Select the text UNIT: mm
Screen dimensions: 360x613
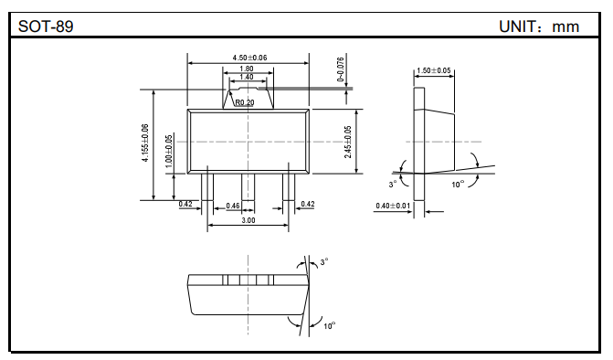tap(539, 26)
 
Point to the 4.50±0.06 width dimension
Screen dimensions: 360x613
tap(249, 58)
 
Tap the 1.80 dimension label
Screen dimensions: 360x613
tap(247, 69)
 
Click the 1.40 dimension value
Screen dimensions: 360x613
tap(247, 79)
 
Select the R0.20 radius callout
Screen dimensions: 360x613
tap(245, 102)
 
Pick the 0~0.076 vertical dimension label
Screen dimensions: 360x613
tap(340, 69)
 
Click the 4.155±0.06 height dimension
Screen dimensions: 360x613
tap(145, 144)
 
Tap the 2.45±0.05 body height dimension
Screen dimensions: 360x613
tap(348, 142)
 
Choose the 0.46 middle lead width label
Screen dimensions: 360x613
tap(233, 206)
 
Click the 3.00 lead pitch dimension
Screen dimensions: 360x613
tap(248, 220)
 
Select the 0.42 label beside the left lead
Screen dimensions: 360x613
tap(185, 204)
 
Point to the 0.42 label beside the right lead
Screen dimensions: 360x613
tap(308, 204)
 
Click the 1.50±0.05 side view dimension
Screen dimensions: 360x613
tap(433, 70)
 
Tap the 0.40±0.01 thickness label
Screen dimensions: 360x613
tap(393, 206)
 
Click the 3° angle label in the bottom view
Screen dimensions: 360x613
tap(323, 261)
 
